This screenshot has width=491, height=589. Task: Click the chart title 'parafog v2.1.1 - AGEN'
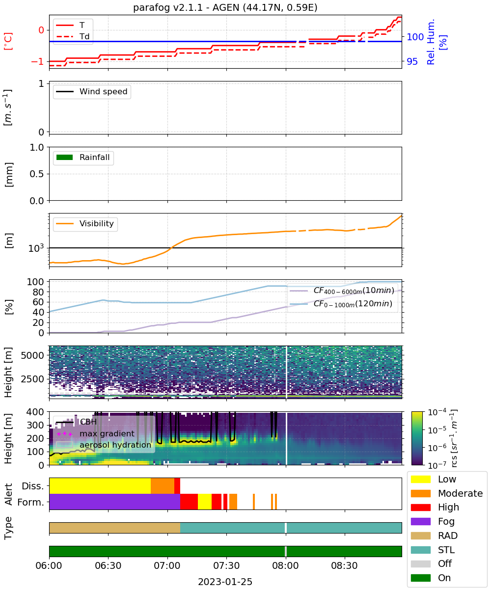[186, 7]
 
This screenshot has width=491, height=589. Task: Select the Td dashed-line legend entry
[73, 36]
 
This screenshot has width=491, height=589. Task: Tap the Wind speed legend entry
[92, 91]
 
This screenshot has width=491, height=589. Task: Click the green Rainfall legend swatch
[65, 157]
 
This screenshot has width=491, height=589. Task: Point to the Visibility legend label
[97, 223]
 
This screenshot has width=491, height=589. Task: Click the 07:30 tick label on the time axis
[226, 565]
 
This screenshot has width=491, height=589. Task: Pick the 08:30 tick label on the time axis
[344, 565]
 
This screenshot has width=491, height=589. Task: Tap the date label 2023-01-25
[225, 582]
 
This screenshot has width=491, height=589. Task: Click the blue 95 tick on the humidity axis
[412, 61]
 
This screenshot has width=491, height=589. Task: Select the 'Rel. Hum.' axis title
[431, 42]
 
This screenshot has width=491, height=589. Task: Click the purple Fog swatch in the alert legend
[420, 521]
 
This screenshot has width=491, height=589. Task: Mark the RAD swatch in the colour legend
[420, 535]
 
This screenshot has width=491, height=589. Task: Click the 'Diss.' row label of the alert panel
[33, 486]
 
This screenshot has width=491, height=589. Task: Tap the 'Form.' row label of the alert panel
[31, 503]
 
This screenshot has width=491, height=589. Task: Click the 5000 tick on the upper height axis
[32, 355]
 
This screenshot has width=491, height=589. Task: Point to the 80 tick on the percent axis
[38, 292]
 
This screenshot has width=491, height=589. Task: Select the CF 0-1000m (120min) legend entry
[341, 304]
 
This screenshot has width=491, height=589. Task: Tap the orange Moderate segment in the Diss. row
[162, 486]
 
